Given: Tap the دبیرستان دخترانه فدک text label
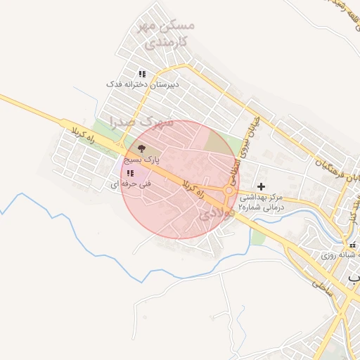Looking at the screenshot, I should coord(143,84).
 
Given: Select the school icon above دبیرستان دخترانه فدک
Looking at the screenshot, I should coord(142,74).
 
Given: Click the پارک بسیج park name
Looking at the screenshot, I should coord(139,160).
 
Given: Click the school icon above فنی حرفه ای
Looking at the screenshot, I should coord(130,173).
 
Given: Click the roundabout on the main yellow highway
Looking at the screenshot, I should coord(230,191).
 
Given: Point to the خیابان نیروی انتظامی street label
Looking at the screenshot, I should coord(250,141).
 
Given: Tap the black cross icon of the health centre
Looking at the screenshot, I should coord(262,186).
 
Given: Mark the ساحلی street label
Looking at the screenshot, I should coord(324,286).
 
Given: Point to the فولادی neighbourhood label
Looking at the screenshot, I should coord(214,214).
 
